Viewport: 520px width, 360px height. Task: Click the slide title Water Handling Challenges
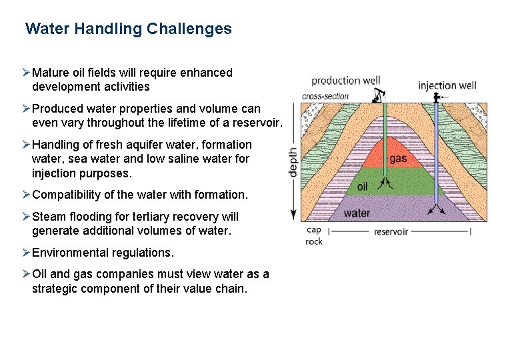click(x=128, y=29)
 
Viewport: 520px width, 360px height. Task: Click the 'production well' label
click(x=345, y=81)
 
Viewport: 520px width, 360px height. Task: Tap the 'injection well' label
click(x=447, y=85)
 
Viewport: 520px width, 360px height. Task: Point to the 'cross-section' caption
click(x=325, y=96)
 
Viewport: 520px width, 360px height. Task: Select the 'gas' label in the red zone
click(x=398, y=159)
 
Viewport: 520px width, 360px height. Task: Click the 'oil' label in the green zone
click(x=362, y=187)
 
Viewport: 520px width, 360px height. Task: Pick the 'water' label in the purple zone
click(x=357, y=213)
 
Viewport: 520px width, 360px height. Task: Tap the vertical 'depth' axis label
click(x=293, y=162)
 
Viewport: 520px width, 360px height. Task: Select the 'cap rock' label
click(x=314, y=235)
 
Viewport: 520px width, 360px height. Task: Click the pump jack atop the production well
click(x=380, y=95)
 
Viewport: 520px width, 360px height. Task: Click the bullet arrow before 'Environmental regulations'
click(x=26, y=253)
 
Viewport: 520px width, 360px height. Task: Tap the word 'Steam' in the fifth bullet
click(x=47, y=217)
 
